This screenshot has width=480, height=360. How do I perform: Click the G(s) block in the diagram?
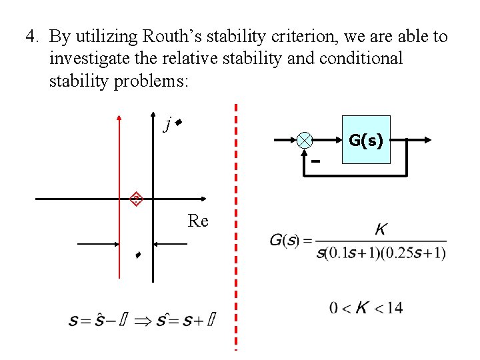(x=365, y=141)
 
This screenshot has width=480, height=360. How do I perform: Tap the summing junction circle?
(x=305, y=140)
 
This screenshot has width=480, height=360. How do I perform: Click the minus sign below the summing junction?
(x=315, y=161)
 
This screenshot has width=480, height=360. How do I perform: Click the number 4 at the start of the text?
(x=31, y=37)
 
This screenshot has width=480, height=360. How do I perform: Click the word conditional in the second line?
(x=361, y=59)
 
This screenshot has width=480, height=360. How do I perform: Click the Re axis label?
(x=198, y=221)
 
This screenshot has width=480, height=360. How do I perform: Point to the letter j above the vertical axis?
(x=168, y=124)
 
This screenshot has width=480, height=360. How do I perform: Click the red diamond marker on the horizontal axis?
(x=136, y=198)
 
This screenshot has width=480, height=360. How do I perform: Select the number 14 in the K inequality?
(x=394, y=307)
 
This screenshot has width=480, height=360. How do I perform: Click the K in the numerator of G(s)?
(x=381, y=230)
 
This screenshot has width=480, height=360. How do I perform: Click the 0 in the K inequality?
(x=333, y=307)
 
